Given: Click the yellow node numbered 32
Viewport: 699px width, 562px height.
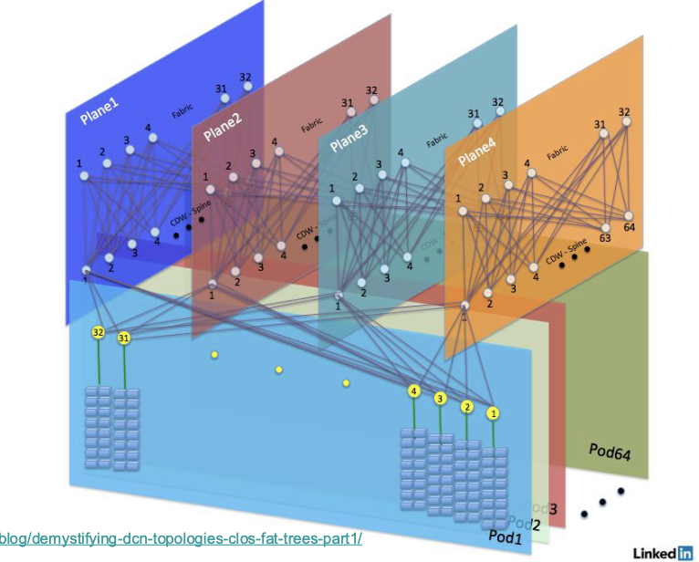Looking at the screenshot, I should pyautogui.click(x=98, y=333).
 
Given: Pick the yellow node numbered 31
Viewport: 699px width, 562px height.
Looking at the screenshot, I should pyautogui.click(x=123, y=339).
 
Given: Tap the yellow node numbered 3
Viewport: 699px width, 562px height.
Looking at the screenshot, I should pyautogui.click(x=441, y=399).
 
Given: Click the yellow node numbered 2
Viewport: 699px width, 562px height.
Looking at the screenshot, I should pyautogui.click(x=467, y=407).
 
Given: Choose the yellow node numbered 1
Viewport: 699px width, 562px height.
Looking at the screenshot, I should pyautogui.click(x=494, y=413).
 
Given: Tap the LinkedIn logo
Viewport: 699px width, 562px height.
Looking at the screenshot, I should pyautogui.click(x=662, y=552).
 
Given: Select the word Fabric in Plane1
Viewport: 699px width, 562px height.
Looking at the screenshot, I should pyautogui.click(x=183, y=111).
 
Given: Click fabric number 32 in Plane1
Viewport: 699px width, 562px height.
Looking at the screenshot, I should pyautogui.click(x=245, y=78).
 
